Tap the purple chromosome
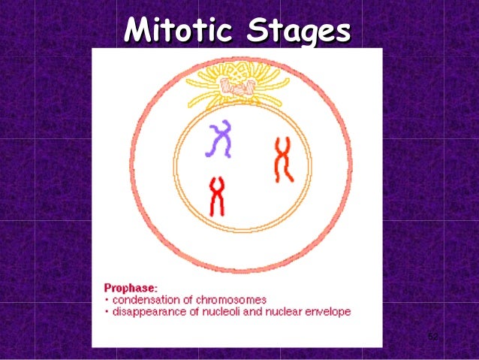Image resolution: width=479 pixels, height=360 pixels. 220,140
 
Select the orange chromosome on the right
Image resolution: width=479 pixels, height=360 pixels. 283,159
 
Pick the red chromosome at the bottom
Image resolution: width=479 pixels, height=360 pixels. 217,196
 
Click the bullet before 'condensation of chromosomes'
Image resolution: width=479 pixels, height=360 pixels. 105,300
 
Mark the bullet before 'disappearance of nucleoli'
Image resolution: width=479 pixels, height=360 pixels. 105,311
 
